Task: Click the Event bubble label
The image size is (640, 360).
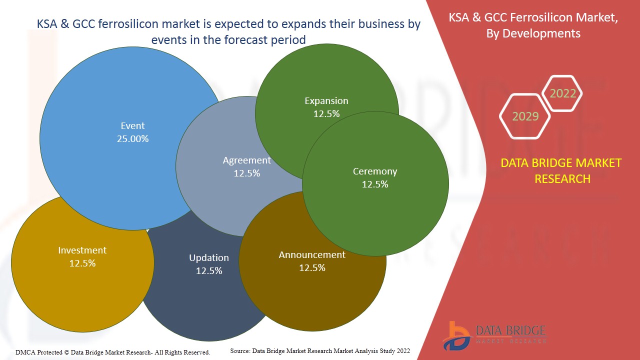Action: (132, 126)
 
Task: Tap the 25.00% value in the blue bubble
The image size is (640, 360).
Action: (132, 139)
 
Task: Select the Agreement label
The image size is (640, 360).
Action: (246, 160)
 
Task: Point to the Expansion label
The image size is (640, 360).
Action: (326, 101)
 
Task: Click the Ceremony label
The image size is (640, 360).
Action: (375, 171)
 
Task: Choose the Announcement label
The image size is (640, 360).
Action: (312, 255)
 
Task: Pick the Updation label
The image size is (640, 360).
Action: (209, 258)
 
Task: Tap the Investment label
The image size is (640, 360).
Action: (82, 250)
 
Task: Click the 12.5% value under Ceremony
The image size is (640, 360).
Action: (375, 184)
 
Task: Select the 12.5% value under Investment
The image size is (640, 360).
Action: (82, 263)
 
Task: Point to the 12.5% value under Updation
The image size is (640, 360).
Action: (209, 271)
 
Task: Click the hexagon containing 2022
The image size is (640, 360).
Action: (562, 93)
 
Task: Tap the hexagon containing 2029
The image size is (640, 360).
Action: (525, 116)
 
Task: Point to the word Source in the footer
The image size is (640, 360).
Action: (240, 351)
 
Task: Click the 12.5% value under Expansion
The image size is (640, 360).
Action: (326, 114)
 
